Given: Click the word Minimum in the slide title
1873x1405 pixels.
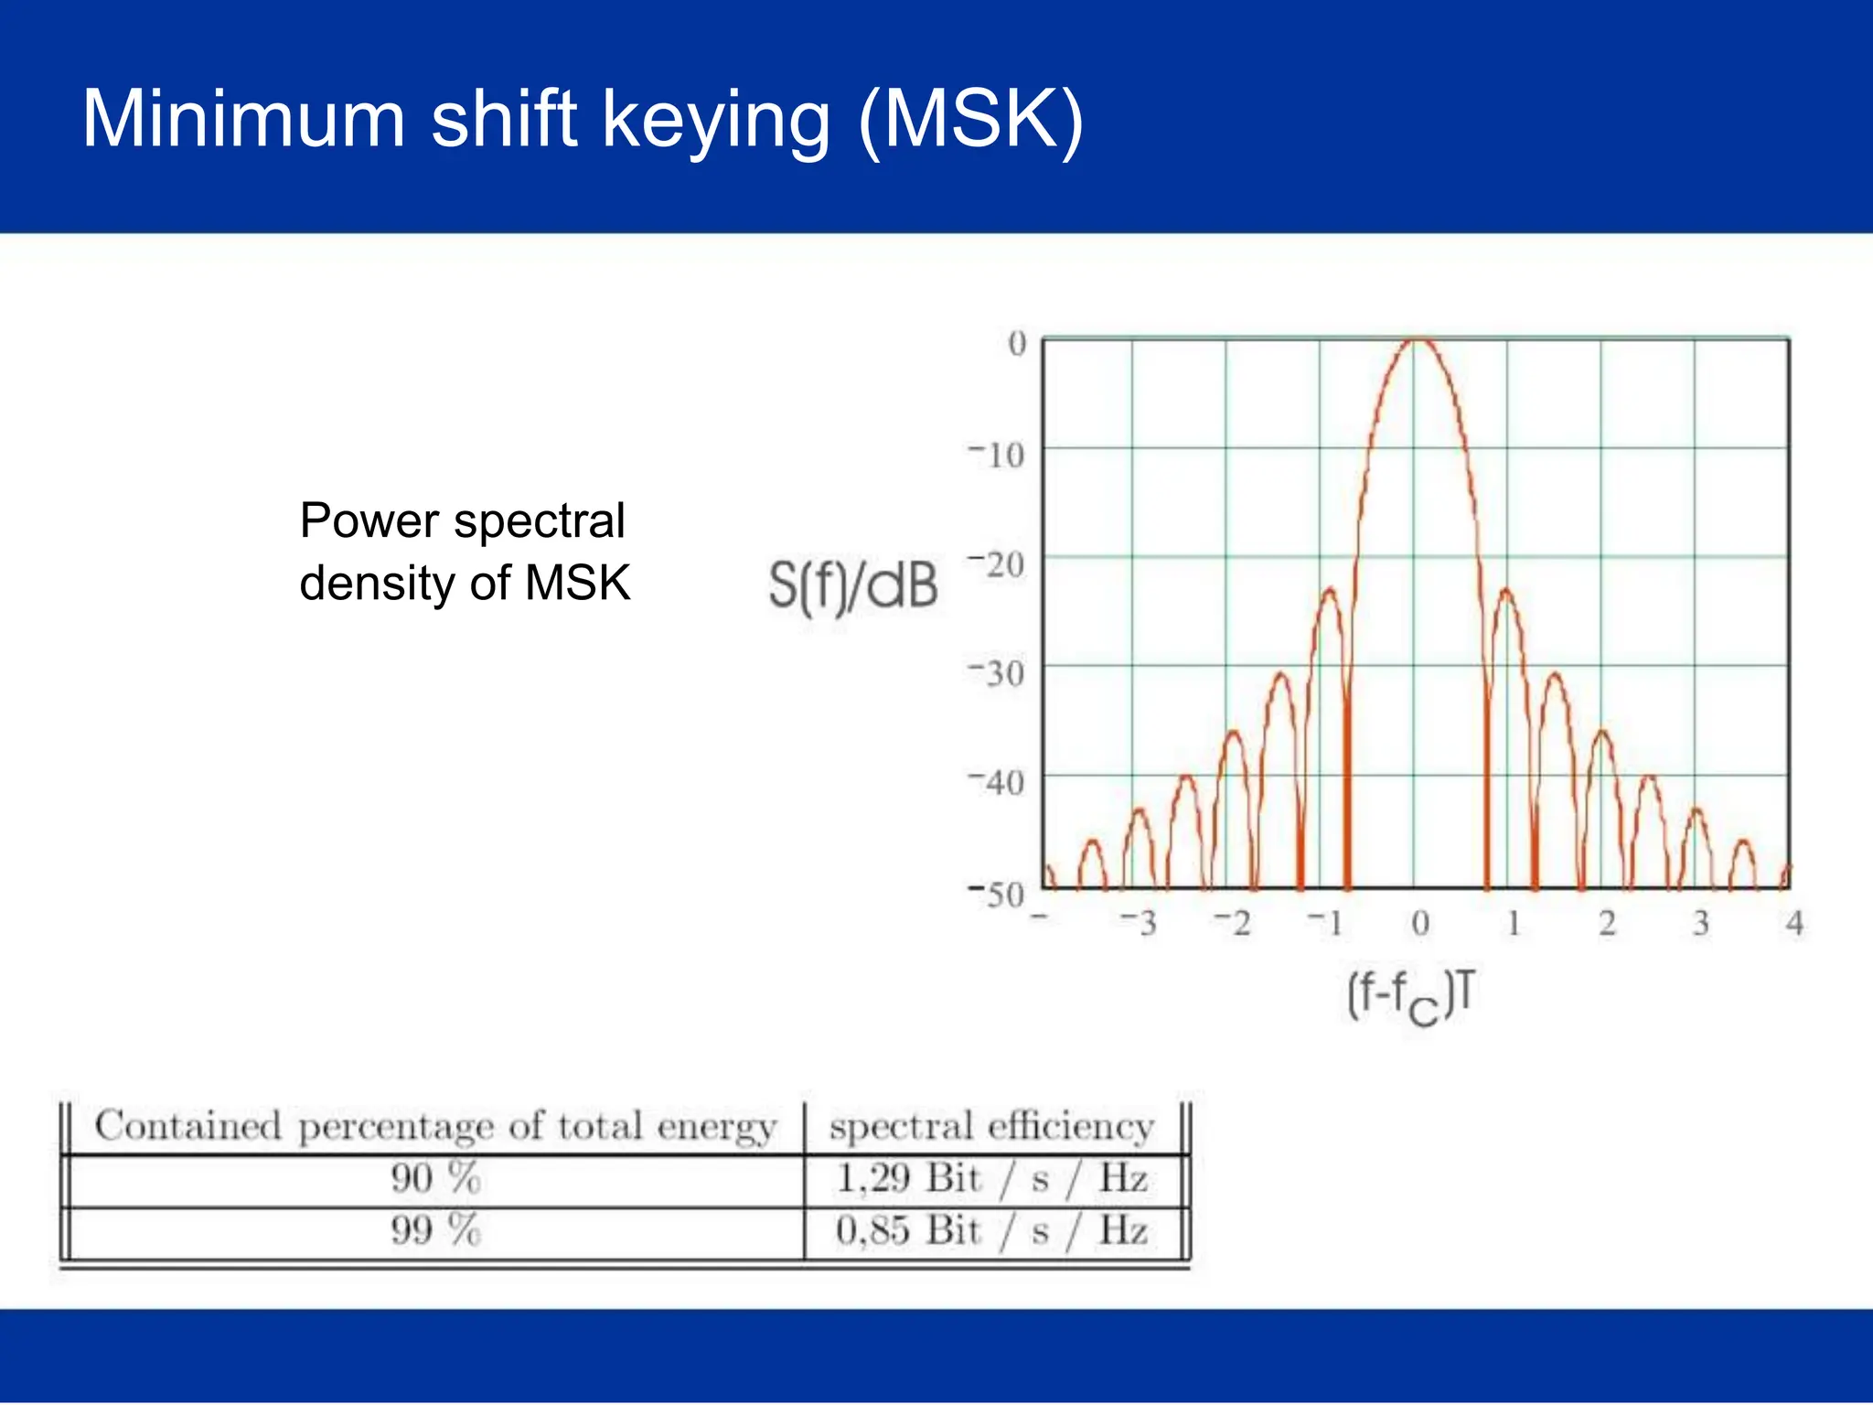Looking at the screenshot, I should tap(243, 120).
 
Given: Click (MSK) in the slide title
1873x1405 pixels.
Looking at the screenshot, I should tap(970, 120).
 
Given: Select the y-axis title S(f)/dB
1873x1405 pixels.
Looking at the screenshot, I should tap(852, 586).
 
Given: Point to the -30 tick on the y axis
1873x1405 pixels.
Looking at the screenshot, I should tap(999, 674).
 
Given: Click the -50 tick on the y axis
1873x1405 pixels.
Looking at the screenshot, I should tap(999, 894).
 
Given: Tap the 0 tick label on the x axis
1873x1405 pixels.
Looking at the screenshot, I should tap(1419, 924).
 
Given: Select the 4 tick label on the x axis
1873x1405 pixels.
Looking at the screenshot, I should tap(1794, 924).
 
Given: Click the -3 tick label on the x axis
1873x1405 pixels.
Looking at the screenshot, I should tap(1139, 924).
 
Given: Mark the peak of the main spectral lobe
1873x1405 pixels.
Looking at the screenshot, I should tap(1418, 341).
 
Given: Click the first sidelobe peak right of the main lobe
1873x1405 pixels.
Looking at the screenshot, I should tap(1505, 591).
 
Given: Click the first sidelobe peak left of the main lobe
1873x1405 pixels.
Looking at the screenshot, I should tap(1330, 590).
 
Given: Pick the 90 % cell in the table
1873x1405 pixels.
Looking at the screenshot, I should tap(435, 1179).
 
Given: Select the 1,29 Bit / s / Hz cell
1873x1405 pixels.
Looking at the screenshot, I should tap(991, 1179).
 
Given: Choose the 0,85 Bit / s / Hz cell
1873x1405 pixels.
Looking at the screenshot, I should tap(991, 1231).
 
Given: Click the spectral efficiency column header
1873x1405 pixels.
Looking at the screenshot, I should tap(991, 1127).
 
